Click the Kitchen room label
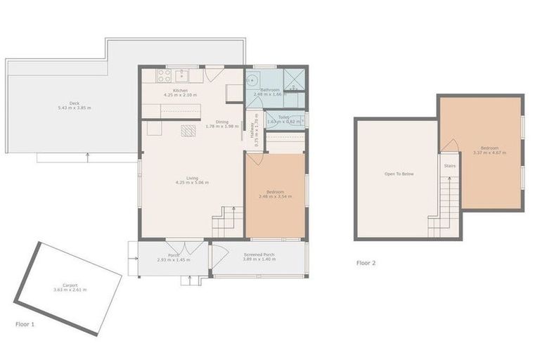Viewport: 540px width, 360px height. tap(180, 89)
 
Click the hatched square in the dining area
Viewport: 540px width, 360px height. tap(187, 129)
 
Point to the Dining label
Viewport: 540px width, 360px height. tap(221, 122)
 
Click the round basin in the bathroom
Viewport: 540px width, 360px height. tap(252, 79)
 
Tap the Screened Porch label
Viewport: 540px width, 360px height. tap(259, 255)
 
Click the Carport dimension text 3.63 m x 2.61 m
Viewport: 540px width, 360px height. tap(70, 290)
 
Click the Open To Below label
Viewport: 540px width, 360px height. tap(398, 174)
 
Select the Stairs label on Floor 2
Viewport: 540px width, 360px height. tap(449, 167)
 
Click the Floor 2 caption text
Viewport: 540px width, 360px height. tap(366, 263)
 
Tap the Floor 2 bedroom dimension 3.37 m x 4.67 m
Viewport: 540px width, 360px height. tap(489, 153)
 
